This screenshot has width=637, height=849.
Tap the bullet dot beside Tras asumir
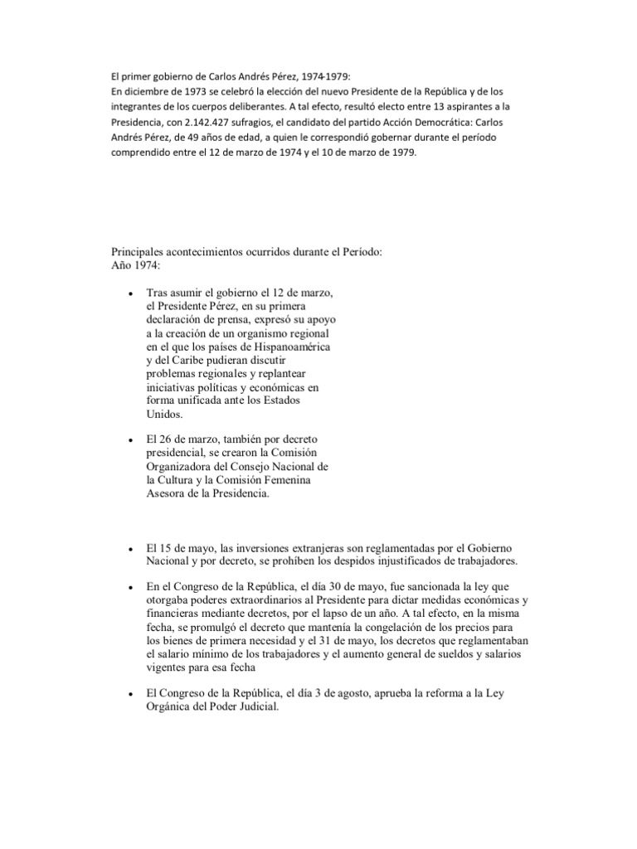click(x=131, y=295)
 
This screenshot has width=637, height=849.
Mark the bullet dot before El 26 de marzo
click(x=131, y=439)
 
